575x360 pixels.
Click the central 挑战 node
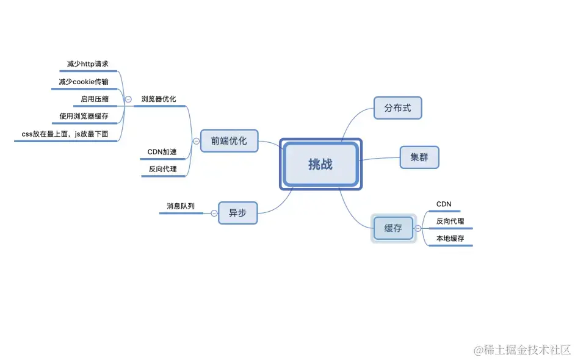point(320,164)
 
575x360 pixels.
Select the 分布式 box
point(397,108)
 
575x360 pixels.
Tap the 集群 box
point(419,157)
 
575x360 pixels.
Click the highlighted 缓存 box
point(394,228)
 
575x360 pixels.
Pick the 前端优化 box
point(229,140)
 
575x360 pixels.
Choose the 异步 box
point(237,213)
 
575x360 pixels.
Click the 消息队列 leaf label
point(181,206)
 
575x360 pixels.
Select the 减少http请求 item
point(88,63)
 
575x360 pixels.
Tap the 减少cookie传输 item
point(84,81)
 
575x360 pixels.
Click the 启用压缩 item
point(95,98)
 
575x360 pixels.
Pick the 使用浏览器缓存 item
point(84,115)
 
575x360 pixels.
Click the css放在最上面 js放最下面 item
point(65,133)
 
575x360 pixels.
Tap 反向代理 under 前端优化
point(162,169)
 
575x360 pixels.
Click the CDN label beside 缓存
point(444,204)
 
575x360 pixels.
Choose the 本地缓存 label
point(450,238)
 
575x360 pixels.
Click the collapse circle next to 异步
point(214,213)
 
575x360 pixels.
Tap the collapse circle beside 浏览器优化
point(128,99)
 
